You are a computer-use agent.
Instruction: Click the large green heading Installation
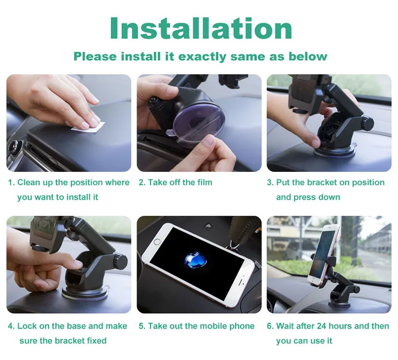[x=201, y=28]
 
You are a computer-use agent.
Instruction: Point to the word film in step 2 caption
[x=204, y=182]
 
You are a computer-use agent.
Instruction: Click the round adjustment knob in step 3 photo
[x=367, y=123]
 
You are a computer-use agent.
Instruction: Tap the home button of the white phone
[x=157, y=241]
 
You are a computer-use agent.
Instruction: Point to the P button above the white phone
[x=208, y=226]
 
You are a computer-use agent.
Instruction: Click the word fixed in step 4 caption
[x=97, y=341]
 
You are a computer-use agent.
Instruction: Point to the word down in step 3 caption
[x=329, y=197]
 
